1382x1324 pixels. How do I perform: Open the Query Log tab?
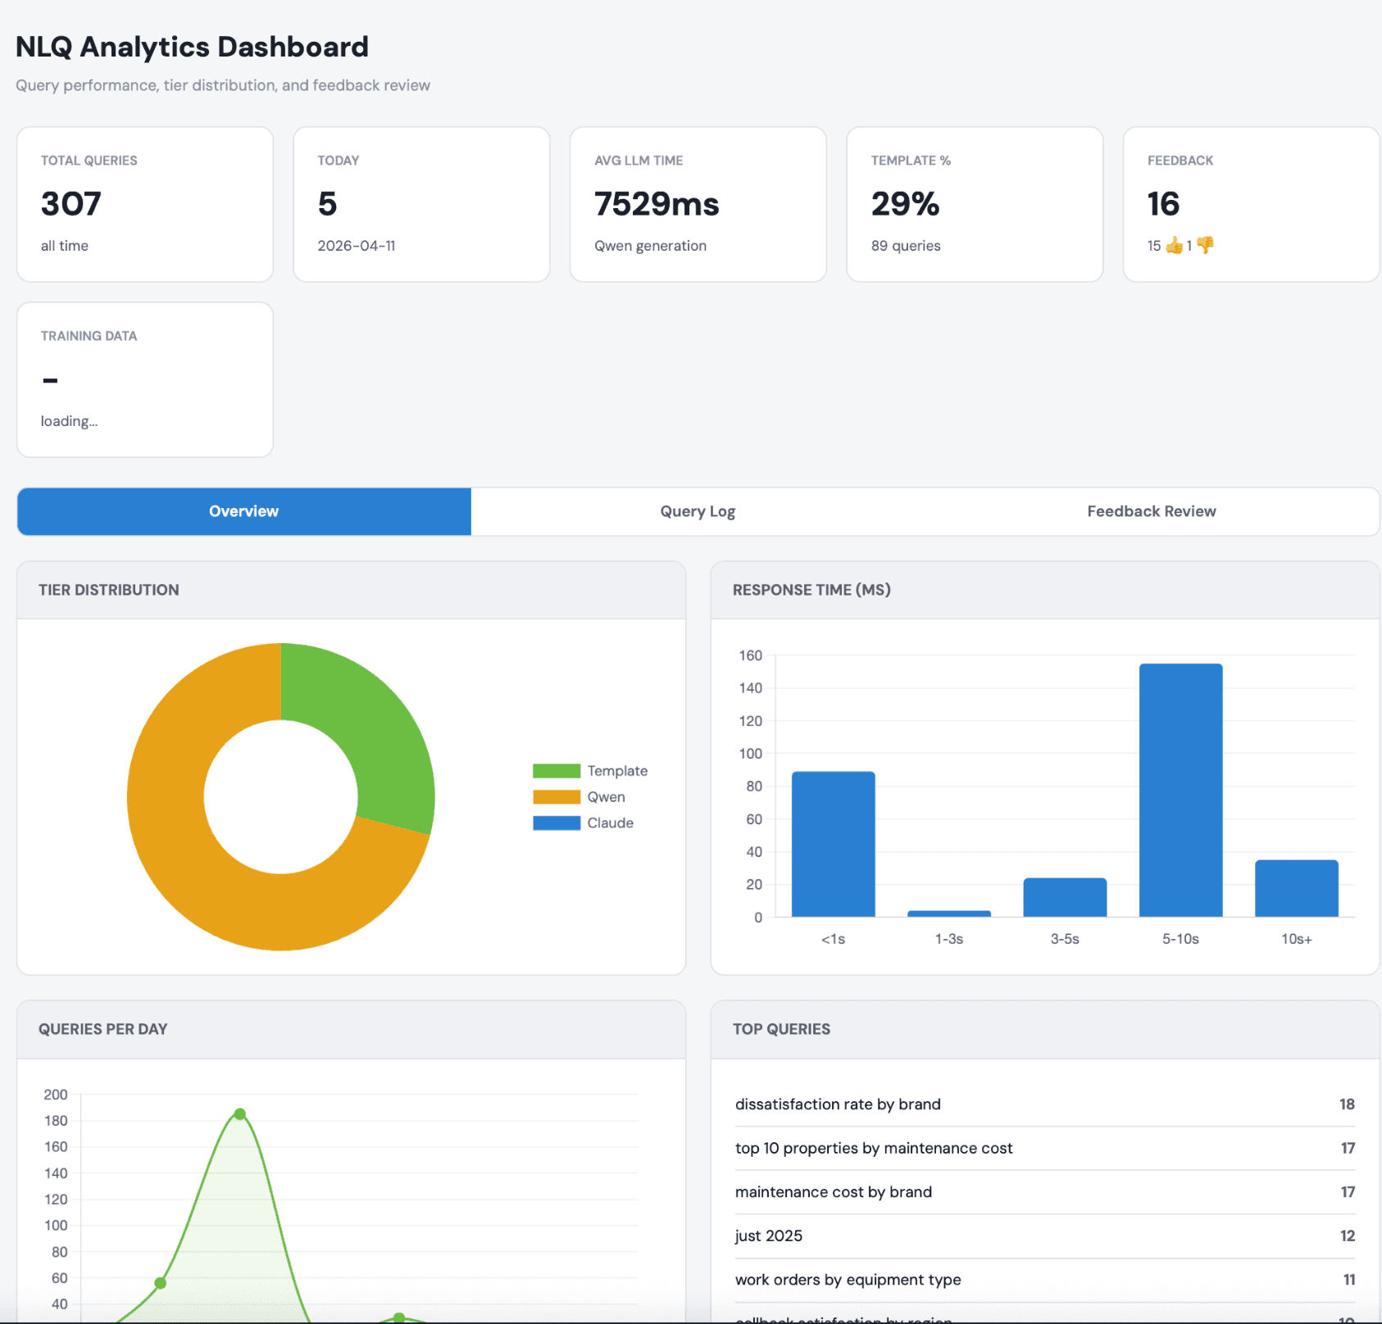(x=698, y=511)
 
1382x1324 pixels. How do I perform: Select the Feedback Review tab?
(x=1151, y=511)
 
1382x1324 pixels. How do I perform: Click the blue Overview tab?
(x=243, y=511)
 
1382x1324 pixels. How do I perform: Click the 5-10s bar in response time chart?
(x=1180, y=790)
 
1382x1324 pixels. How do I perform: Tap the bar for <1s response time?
(x=833, y=844)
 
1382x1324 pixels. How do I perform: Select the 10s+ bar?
(x=1296, y=888)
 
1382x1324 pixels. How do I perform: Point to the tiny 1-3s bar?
(x=948, y=914)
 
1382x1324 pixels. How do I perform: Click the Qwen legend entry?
(x=605, y=797)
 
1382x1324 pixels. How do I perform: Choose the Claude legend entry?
(x=609, y=823)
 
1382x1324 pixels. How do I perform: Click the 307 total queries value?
(x=71, y=204)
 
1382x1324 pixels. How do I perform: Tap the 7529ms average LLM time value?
(x=657, y=204)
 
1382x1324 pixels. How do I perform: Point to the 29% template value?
(x=905, y=204)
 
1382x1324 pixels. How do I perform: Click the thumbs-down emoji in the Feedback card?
(x=1205, y=245)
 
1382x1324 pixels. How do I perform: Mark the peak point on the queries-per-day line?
(x=239, y=1114)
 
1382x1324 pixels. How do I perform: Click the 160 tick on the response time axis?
(x=750, y=655)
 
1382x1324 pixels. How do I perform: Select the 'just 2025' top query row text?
(x=768, y=1236)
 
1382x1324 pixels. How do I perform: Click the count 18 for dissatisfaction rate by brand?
(x=1347, y=1104)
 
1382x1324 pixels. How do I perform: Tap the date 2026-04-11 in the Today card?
(x=357, y=246)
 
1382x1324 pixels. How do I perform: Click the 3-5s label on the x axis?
(x=1065, y=939)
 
